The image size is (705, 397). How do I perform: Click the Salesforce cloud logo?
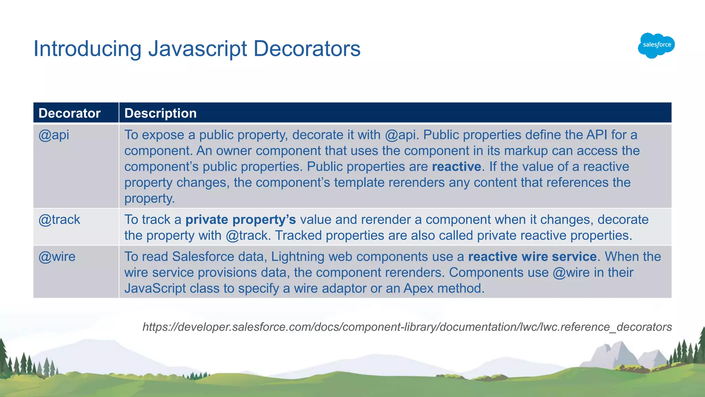coord(656,45)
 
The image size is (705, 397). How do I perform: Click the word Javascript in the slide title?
coord(198,49)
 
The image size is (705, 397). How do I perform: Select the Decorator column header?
coord(70,113)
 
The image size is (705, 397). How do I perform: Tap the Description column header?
coord(160,113)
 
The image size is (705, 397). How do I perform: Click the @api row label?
coord(54,135)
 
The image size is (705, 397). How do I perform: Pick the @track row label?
coord(59,220)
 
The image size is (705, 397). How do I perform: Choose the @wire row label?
coord(57,257)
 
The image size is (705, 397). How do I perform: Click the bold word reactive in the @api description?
coord(456,167)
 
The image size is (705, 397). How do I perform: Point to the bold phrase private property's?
coord(241,220)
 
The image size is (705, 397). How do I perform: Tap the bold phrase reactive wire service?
coord(532,257)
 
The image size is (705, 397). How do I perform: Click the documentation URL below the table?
coord(407,327)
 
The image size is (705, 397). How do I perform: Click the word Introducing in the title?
coord(87,49)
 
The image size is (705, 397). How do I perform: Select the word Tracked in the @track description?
coord(298,235)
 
